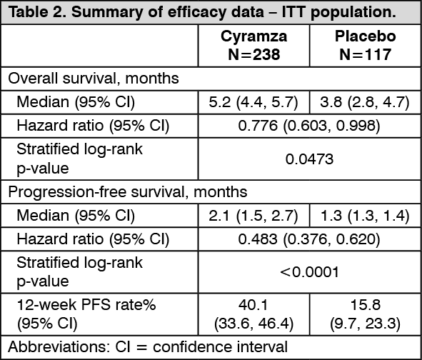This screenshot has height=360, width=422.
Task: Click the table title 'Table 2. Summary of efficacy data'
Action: [136, 12]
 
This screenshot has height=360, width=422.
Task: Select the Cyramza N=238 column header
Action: [253, 45]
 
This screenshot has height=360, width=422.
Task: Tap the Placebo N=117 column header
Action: [365, 45]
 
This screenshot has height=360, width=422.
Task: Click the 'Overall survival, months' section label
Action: [94, 79]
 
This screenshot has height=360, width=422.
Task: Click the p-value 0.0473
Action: [309, 159]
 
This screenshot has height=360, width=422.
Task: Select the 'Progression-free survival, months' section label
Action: [128, 192]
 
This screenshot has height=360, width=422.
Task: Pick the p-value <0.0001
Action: [309, 272]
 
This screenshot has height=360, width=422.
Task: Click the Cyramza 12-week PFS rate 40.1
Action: [253, 305]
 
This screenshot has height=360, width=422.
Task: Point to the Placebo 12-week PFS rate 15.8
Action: [365, 305]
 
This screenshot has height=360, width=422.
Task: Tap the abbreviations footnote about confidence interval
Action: [148, 347]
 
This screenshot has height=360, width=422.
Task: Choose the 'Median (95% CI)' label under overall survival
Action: [76, 102]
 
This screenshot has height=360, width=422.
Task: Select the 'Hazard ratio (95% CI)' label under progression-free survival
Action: [93, 239]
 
